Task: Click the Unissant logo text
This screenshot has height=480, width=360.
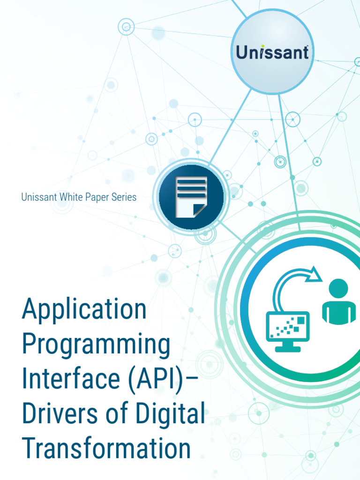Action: pyautogui.click(x=272, y=52)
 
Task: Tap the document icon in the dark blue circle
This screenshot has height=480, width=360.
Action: pyautogui.click(x=191, y=197)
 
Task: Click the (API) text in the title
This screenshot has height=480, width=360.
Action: pyautogui.click(x=157, y=379)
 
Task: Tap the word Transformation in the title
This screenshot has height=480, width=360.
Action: pyautogui.click(x=106, y=448)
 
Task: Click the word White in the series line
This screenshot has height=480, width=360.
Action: pyautogui.click(x=70, y=197)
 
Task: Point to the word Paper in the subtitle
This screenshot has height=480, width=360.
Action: pyautogui.click(x=96, y=197)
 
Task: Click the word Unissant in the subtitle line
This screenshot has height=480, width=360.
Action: pyautogui.click(x=39, y=197)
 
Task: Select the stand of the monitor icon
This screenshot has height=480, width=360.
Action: pyautogui.click(x=287, y=347)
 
